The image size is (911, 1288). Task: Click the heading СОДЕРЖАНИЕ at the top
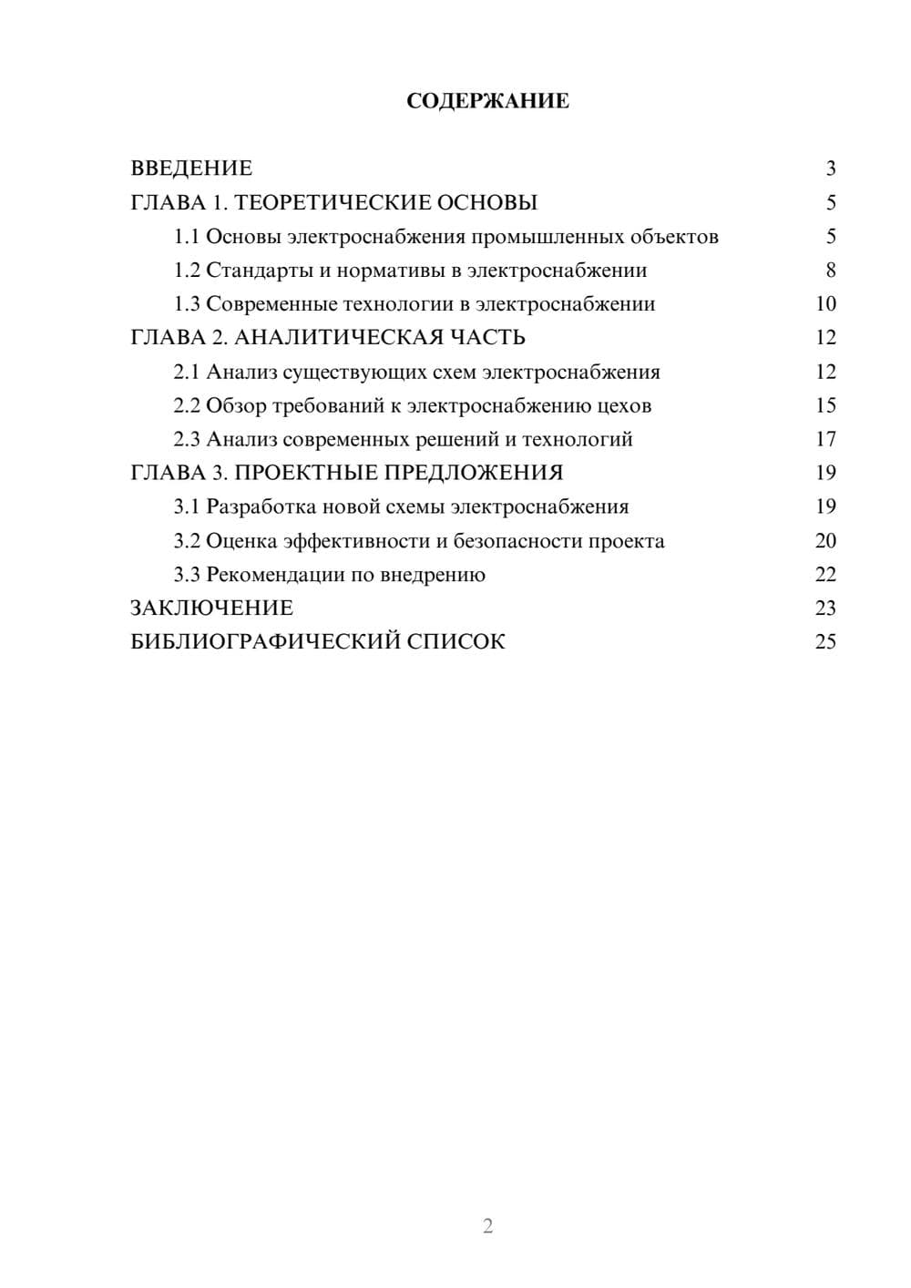coord(487,101)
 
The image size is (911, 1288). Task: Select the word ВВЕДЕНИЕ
coord(191,169)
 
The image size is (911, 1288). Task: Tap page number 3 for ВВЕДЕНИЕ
coord(830,169)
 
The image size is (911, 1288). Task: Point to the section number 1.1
coord(187,237)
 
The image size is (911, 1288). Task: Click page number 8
coord(830,271)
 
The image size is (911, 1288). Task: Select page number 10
coord(825,304)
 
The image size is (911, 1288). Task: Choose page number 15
coord(825,405)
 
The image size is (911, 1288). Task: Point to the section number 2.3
coord(187,439)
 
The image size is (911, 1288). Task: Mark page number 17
coord(825,439)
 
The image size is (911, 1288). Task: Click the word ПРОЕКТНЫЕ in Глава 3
coord(309,473)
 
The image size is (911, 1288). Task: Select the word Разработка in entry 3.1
coord(261,506)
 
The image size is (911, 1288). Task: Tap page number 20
coord(825,541)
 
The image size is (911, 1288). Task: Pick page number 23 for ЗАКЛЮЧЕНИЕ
coord(825,608)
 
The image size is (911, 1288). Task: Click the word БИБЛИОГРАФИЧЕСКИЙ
coord(265,642)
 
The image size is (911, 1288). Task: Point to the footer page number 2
coord(487,1226)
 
